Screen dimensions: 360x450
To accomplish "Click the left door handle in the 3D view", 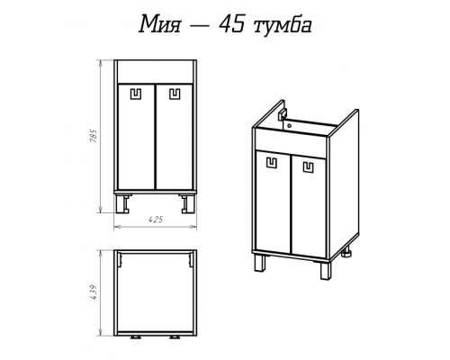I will (270, 164).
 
